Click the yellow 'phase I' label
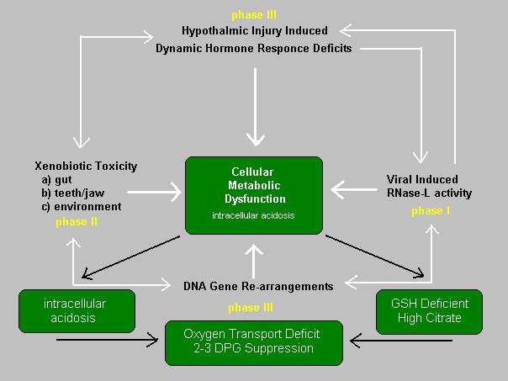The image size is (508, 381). (x=431, y=211)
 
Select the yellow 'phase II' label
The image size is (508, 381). (x=77, y=222)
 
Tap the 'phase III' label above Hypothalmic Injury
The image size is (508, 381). (x=254, y=15)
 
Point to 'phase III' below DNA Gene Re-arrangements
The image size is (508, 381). (x=251, y=307)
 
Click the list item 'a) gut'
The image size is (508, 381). (x=56, y=179)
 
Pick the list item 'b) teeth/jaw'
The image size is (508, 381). (x=73, y=193)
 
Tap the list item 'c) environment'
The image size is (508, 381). (x=82, y=206)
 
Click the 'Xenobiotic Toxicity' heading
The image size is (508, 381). (x=86, y=166)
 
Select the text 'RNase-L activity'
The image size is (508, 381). (x=429, y=193)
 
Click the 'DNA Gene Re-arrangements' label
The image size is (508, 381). (x=258, y=286)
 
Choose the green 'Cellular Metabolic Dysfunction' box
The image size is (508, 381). (x=254, y=195)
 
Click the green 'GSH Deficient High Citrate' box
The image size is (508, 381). (x=429, y=312)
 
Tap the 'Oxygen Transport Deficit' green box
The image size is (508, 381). (x=254, y=343)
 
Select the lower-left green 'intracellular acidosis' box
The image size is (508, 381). (x=77, y=311)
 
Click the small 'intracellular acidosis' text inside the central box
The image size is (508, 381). (x=253, y=215)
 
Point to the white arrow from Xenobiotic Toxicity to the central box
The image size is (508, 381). (x=154, y=192)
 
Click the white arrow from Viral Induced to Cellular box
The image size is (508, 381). (x=354, y=189)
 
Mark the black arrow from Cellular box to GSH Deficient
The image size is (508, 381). (x=374, y=256)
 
